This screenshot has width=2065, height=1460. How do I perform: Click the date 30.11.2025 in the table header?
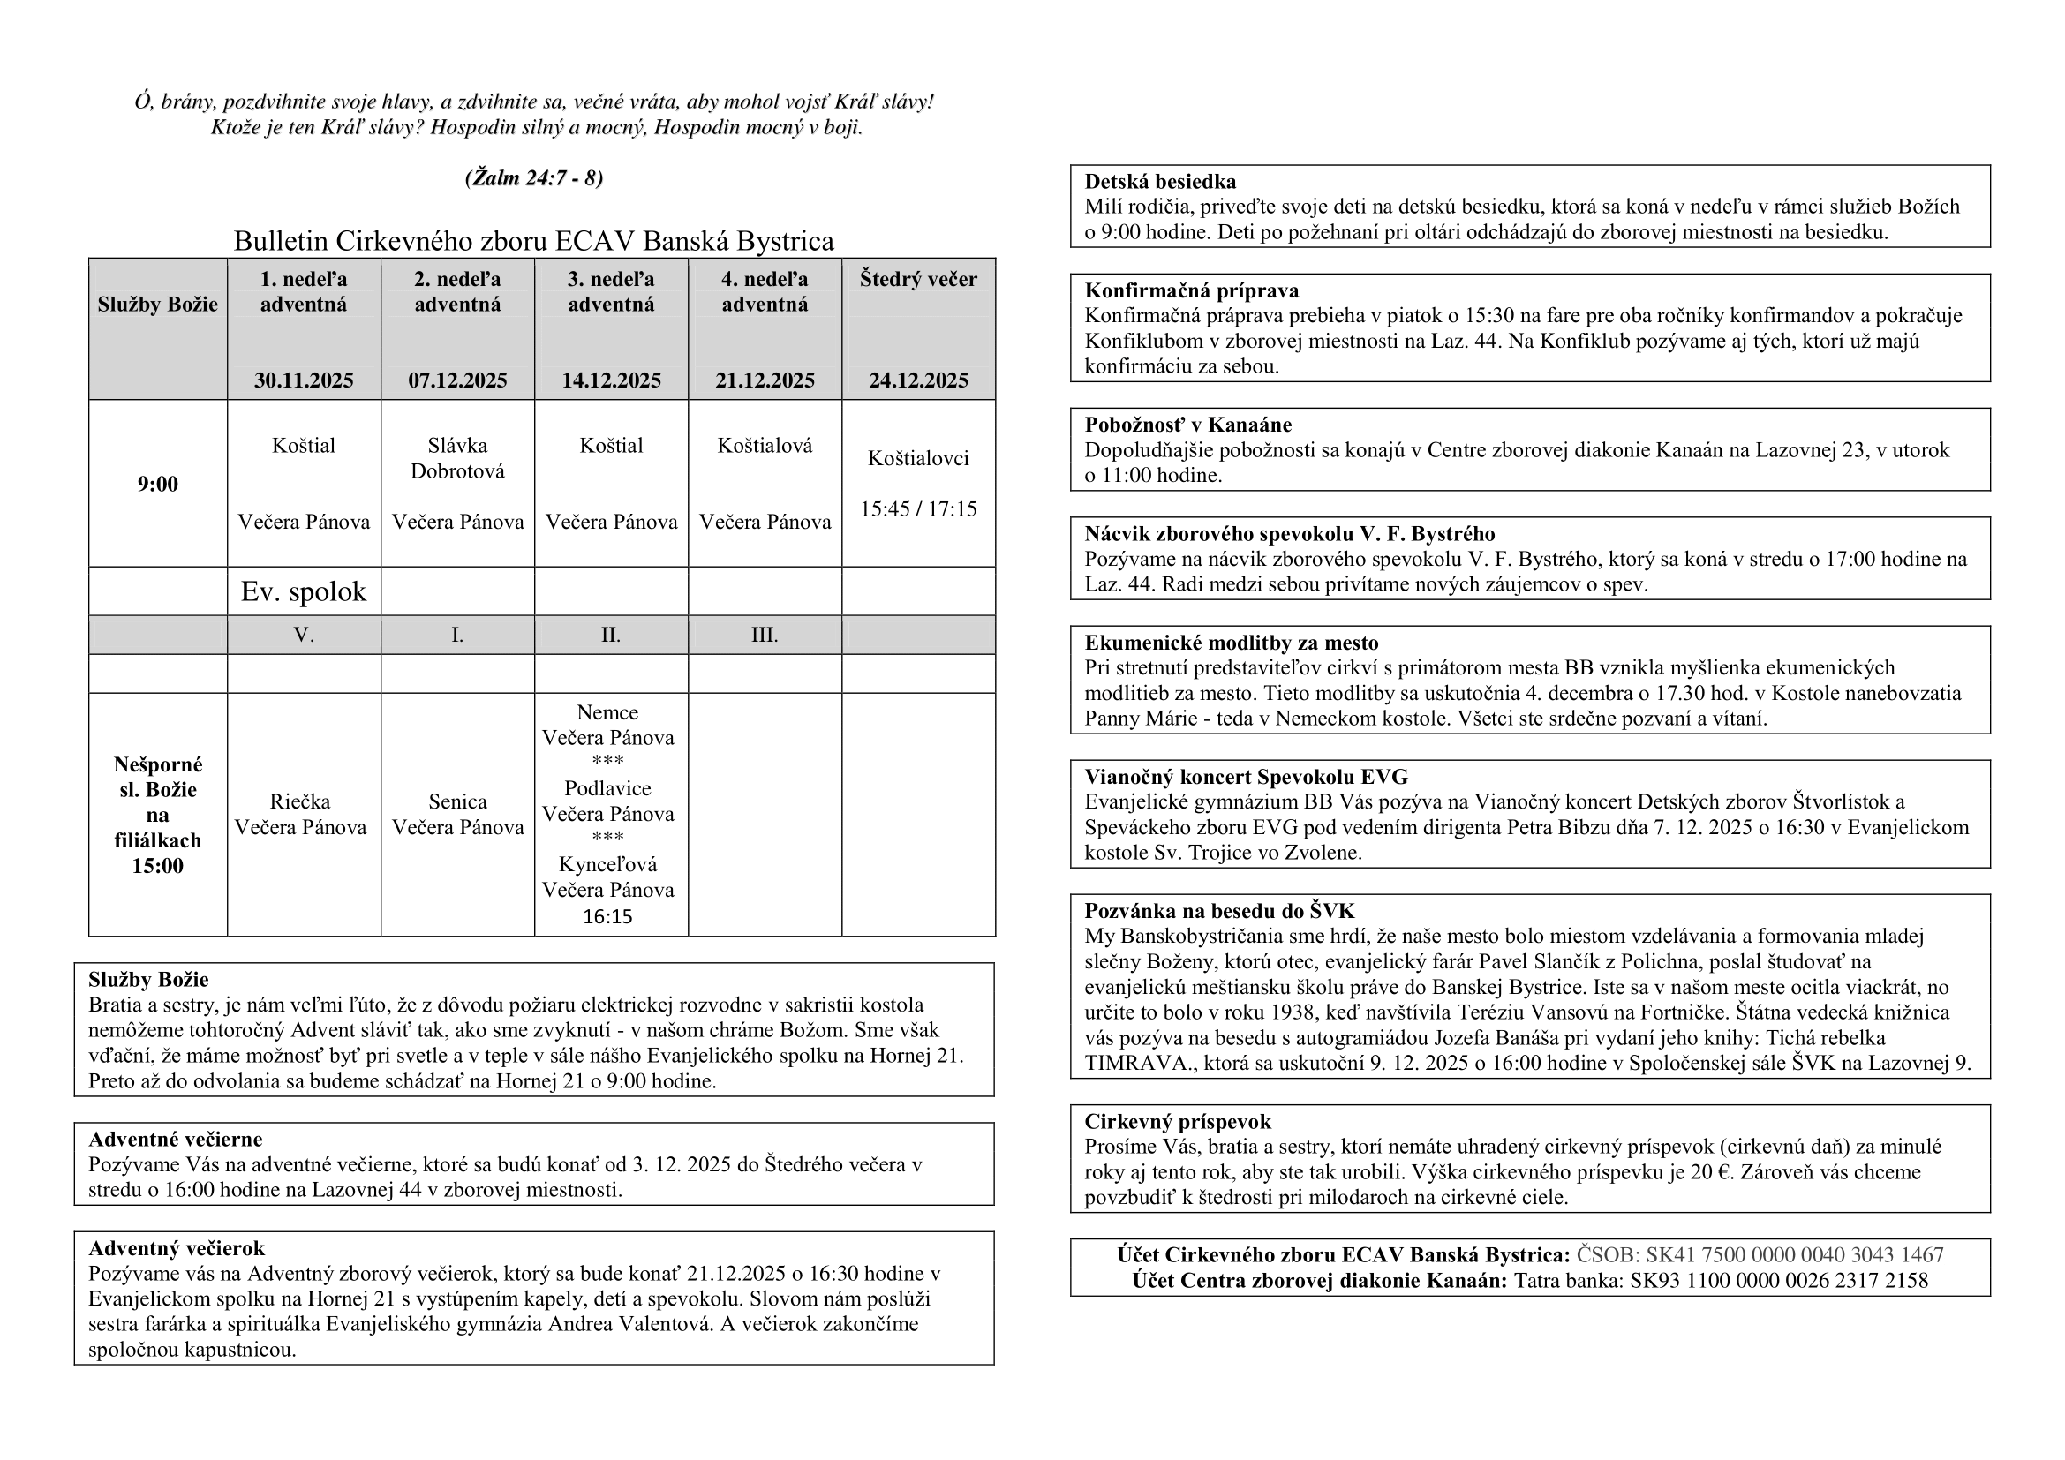(x=304, y=380)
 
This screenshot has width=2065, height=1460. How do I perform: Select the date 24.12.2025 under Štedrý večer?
(x=918, y=380)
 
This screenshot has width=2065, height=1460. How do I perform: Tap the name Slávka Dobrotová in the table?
(x=458, y=458)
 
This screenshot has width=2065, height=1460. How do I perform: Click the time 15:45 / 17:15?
(x=918, y=509)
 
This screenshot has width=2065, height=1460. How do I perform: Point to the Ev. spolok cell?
(x=304, y=591)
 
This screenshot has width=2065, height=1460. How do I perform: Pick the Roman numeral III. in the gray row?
(x=765, y=636)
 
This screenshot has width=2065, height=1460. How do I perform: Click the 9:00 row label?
(x=157, y=484)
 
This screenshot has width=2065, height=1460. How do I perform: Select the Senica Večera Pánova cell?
(x=458, y=815)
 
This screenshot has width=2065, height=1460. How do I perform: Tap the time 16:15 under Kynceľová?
(x=608, y=917)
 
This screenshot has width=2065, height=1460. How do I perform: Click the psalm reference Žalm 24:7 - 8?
(x=534, y=178)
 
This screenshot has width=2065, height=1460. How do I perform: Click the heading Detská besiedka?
(x=1159, y=182)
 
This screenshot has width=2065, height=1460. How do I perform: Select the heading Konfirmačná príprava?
(x=1191, y=290)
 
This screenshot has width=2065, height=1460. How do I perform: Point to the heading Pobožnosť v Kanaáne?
(x=1187, y=425)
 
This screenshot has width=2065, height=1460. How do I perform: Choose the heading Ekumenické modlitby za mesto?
(x=1231, y=643)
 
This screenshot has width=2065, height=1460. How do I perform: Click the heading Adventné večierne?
(x=176, y=1140)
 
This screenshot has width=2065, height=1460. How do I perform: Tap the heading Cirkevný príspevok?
(x=1178, y=1122)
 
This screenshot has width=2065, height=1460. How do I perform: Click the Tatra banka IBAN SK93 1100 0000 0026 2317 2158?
(x=1778, y=1280)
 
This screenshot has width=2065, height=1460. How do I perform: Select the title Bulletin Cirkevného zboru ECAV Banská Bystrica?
(x=534, y=241)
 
